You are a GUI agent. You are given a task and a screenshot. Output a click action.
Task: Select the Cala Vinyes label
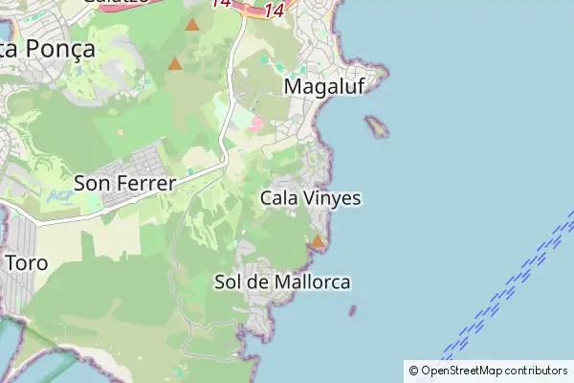point(310,198)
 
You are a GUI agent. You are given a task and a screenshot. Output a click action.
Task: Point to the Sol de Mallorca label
point(282,282)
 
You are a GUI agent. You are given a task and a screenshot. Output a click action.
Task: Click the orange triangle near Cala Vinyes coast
point(318,242)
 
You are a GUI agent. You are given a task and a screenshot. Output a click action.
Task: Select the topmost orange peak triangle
point(192,25)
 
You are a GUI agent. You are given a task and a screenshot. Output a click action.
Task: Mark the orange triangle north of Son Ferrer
point(175,64)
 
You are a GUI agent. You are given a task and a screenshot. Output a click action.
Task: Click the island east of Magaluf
point(376,125)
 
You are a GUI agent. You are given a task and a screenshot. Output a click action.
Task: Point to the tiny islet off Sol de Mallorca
point(352,310)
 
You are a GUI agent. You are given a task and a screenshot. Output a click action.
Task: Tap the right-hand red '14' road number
point(275,11)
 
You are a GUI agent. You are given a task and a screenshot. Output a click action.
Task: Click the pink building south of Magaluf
point(255,123)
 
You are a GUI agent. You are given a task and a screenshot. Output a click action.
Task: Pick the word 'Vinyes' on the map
point(334,198)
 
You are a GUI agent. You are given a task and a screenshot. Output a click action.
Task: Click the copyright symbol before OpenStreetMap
point(413,371)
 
